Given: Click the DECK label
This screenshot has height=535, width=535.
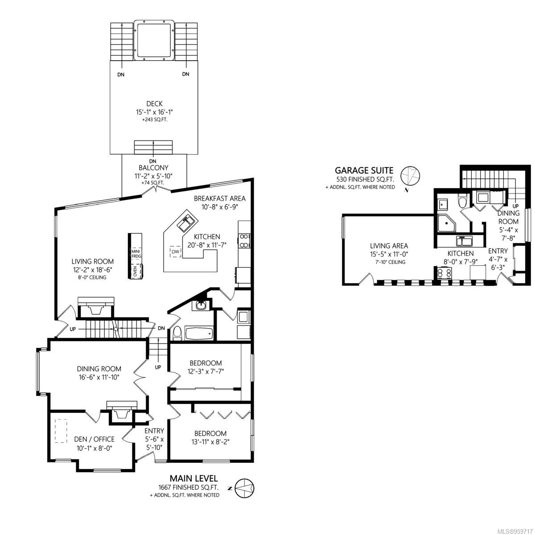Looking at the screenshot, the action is (x=154, y=104).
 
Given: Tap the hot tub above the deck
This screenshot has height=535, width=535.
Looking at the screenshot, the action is (x=154, y=40).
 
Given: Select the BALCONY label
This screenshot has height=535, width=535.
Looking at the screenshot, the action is (x=153, y=168).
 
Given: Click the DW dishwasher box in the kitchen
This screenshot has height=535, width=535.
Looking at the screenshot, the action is (x=176, y=251).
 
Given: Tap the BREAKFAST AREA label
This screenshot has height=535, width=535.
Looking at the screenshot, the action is (x=220, y=198).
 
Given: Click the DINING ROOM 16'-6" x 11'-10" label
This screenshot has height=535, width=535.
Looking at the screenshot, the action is (x=99, y=373).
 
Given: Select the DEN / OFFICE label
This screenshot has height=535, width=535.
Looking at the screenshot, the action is (x=94, y=439).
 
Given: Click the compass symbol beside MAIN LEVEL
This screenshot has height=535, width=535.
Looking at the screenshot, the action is (x=244, y=488).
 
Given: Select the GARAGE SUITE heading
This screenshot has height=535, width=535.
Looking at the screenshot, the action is (x=364, y=170).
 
